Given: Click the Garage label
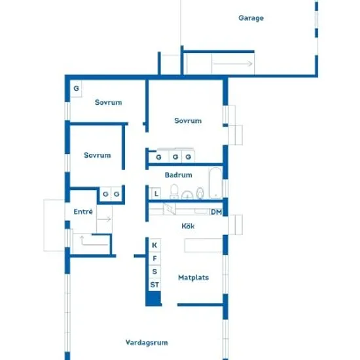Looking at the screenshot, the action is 251,18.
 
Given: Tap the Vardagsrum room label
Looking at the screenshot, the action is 147,343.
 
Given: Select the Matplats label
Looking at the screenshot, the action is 193,278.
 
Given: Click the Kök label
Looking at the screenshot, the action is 188,226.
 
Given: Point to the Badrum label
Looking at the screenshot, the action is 179,175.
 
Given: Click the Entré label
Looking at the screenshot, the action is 83,211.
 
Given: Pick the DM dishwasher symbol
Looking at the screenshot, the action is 216,212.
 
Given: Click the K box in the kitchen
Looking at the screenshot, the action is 154,245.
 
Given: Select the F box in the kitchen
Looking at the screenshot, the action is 154,259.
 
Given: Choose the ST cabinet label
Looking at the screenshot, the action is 154,285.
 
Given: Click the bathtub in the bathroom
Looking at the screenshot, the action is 215,183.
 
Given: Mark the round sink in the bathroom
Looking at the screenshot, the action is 187,195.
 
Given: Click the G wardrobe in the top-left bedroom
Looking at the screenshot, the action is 76,88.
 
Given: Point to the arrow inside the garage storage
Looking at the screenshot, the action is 232,63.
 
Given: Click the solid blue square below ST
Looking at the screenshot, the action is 154,298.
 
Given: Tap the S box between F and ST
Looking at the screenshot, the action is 154,272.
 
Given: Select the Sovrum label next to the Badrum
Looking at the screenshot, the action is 188,121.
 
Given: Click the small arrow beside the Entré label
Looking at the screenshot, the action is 105,219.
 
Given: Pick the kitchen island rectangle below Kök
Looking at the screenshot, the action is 203,245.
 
